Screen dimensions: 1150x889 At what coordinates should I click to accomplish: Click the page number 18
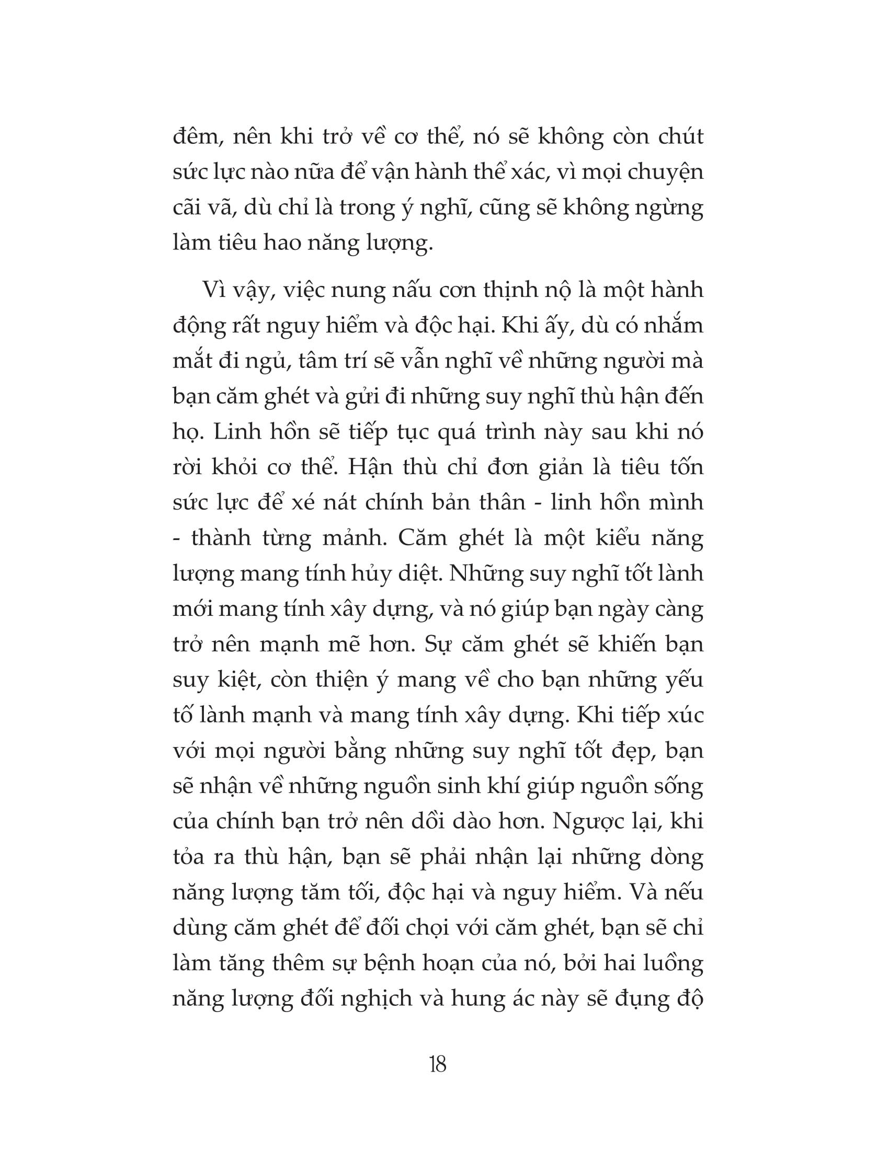[438, 1065]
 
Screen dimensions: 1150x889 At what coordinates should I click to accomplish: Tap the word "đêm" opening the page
[195, 136]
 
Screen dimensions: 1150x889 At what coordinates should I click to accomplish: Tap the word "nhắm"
[675, 326]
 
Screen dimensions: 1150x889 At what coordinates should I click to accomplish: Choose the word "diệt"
[417, 573]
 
